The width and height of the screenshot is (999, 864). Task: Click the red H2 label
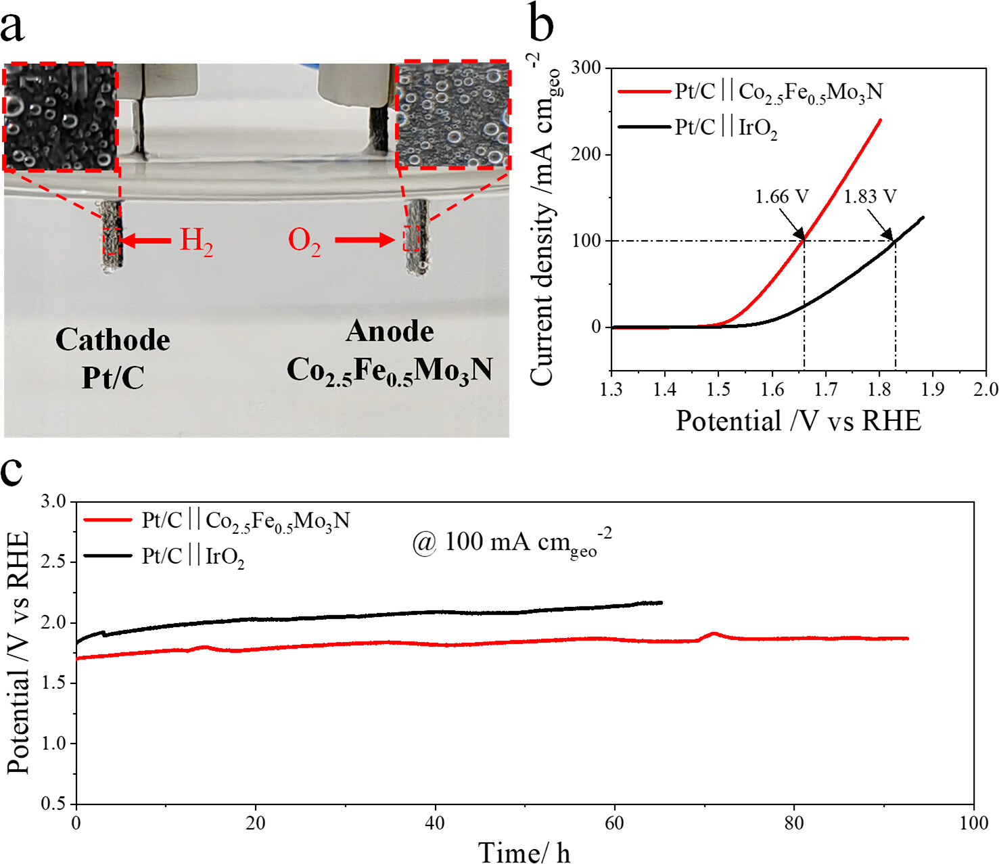pyautogui.click(x=196, y=241)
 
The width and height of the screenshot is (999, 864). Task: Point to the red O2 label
pyautogui.click(x=304, y=241)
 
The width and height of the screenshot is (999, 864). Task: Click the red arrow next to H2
pyautogui.click(x=146, y=240)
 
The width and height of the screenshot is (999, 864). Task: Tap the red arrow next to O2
pyautogui.click(x=365, y=240)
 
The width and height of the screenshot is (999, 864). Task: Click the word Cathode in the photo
pyautogui.click(x=112, y=340)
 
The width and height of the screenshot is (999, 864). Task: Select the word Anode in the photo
pyautogui.click(x=390, y=332)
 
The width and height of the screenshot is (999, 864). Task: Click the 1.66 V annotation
pyautogui.click(x=782, y=197)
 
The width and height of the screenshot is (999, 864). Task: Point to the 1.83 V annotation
pyautogui.click(x=870, y=197)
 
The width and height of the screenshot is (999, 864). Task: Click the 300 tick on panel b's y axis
pyautogui.click(x=586, y=68)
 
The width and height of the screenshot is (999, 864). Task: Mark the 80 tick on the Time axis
pyautogui.click(x=794, y=823)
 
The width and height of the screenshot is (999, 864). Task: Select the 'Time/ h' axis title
pyautogui.click(x=524, y=852)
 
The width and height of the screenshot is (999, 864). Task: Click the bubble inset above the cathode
pyautogui.click(x=61, y=116)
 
